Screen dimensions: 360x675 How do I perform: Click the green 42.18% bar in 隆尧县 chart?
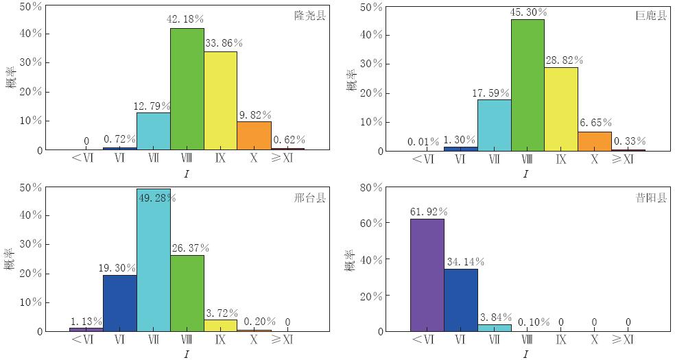pyautogui.click(x=187, y=89)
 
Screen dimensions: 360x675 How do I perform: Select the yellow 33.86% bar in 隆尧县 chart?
pyautogui.click(x=220, y=101)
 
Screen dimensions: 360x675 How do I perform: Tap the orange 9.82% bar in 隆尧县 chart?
pyautogui.click(x=254, y=136)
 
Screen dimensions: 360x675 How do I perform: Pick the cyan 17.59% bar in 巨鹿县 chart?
pyautogui.click(x=495, y=125)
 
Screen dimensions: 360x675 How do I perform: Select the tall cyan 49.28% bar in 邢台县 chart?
pyautogui.click(x=154, y=260)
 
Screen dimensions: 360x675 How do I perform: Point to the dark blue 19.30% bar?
pyautogui.click(x=120, y=303)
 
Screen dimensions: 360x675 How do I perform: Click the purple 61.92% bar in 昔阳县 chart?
pyautogui.click(x=427, y=275)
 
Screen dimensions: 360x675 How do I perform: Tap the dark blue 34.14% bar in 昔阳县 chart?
pyautogui.click(x=461, y=300)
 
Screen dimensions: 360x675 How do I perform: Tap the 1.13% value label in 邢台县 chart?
pyautogui.click(x=86, y=321)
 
